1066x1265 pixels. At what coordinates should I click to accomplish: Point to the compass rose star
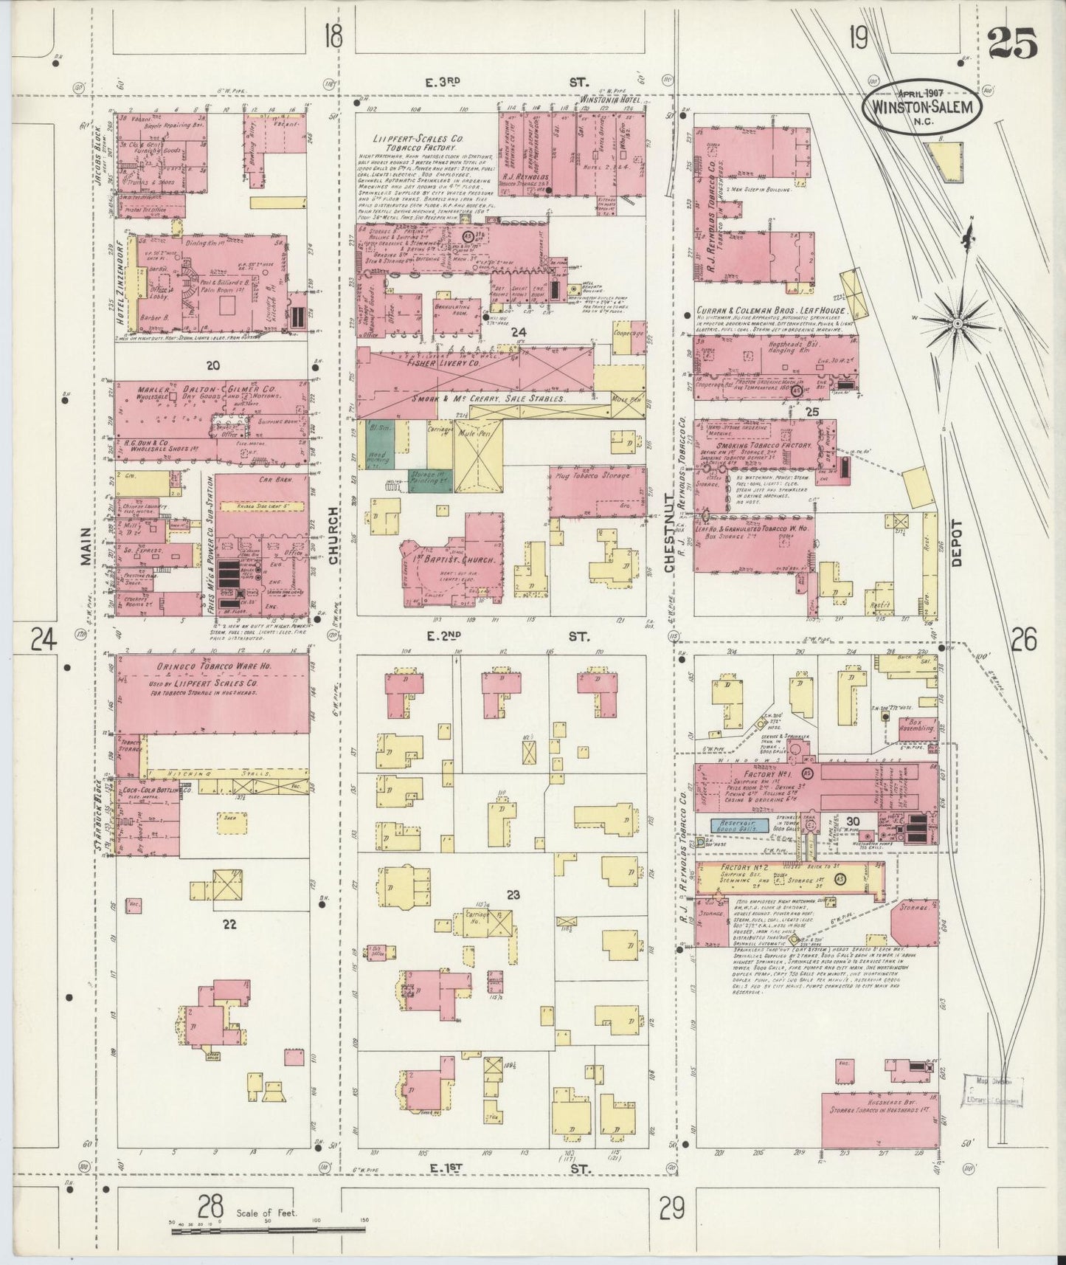[x=958, y=323]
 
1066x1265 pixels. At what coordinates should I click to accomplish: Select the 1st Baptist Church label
[x=451, y=559]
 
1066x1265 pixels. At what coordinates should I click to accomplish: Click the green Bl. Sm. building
[x=381, y=442]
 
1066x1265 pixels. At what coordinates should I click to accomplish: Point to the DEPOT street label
[x=957, y=542]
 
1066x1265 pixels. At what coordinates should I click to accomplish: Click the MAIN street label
[x=86, y=546]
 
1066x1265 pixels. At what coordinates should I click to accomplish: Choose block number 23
[x=513, y=895]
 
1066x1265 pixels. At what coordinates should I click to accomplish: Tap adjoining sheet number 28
[x=211, y=1208]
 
